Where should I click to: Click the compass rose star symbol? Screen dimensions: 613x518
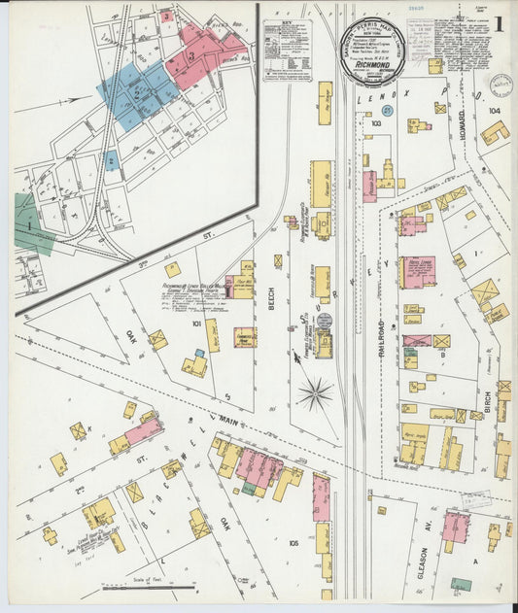pyautogui.click(x=315, y=392)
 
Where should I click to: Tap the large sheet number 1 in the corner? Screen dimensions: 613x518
pyautogui.click(x=498, y=22)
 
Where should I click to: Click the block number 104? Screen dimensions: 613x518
pyautogui.click(x=494, y=112)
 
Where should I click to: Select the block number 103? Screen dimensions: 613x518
pyautogui.click(x=375, y=124)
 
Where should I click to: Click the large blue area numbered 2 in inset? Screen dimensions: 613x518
pyautogui.click(x=136, y=95)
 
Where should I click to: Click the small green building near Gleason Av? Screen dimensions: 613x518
pyautogui.click(x=462, y=584)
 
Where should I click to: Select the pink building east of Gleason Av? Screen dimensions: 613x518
pyautogui.click(x=454, y=526)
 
